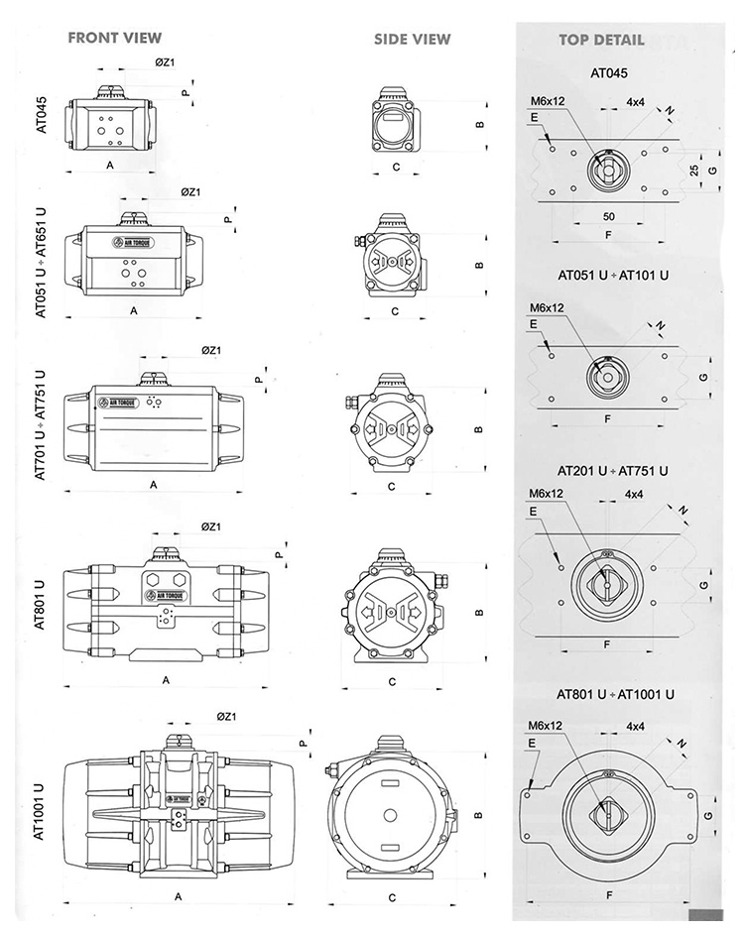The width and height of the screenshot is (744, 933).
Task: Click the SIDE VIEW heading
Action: [412, 40]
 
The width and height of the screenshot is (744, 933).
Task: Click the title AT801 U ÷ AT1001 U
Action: [615, 694]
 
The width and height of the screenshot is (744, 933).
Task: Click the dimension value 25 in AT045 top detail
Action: [694, 171]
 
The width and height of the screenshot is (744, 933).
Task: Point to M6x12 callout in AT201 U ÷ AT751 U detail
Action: [546, 493]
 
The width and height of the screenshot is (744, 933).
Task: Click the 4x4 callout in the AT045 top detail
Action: [636, 102]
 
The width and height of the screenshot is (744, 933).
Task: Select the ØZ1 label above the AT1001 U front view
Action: [225, 716]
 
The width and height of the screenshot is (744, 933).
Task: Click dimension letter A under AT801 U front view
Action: [166, 680]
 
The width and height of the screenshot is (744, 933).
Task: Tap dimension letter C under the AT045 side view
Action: [395, 167]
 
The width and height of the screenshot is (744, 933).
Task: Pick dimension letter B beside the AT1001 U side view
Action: [479, 815]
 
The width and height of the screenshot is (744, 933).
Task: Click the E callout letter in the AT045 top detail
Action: [534, 117]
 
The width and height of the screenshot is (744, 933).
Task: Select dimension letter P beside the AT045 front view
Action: [185, 92]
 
